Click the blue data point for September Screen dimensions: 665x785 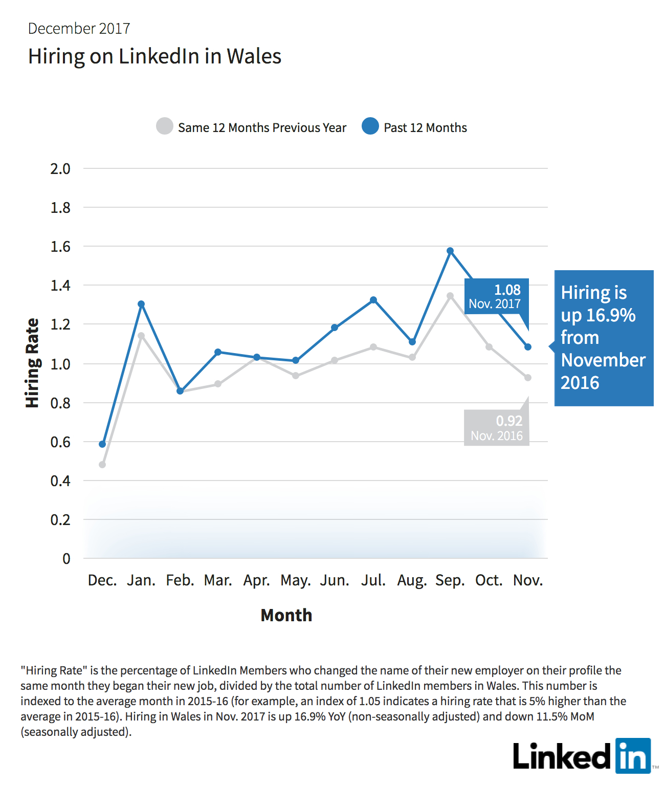point(450,251)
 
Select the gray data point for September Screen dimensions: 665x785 point(450,295)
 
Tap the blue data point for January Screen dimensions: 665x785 point(141,304)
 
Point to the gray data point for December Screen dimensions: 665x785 point(102,465)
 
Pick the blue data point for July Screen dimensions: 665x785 point(373,300)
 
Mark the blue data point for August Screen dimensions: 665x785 point(412,342)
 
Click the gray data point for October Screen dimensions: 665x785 point(489,347)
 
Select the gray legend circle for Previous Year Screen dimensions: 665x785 point(164,126)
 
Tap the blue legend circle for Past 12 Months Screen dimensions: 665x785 point(370,126)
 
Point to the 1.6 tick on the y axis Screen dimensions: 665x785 point(60,247)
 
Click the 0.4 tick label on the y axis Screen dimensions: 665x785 point(60,481)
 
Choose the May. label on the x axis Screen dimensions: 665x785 point(296,581)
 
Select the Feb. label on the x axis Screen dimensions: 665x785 point(180,580)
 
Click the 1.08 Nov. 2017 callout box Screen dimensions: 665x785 point(497,296)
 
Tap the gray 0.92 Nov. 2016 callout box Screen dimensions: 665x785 point(497,428)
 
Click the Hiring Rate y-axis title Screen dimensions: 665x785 point(32,363)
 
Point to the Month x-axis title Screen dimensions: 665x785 point(286,615)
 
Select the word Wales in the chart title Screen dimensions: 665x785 point(254,56)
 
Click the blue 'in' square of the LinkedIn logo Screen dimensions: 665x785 point(633,755)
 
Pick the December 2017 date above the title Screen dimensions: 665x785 point(79,29)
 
